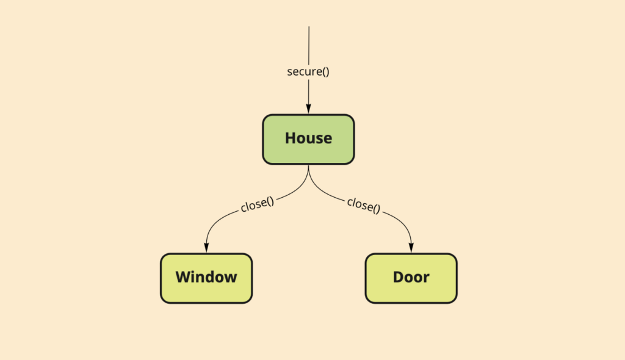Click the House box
(308, 139)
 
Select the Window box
(206, 278)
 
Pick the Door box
(411, 278)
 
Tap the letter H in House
(291, 138)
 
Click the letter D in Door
(398, 277)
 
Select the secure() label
(308, 72)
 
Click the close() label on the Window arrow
(258, 204)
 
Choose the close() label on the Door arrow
(364, 205)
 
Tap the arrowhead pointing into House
(308, 109)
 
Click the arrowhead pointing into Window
(206, 247)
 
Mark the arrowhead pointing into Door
(411, 247)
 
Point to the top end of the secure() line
(309, 27)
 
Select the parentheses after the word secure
(326, 72)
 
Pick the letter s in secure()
(289, 72)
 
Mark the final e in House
(328, 140)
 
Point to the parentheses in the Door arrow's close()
(377, 209)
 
